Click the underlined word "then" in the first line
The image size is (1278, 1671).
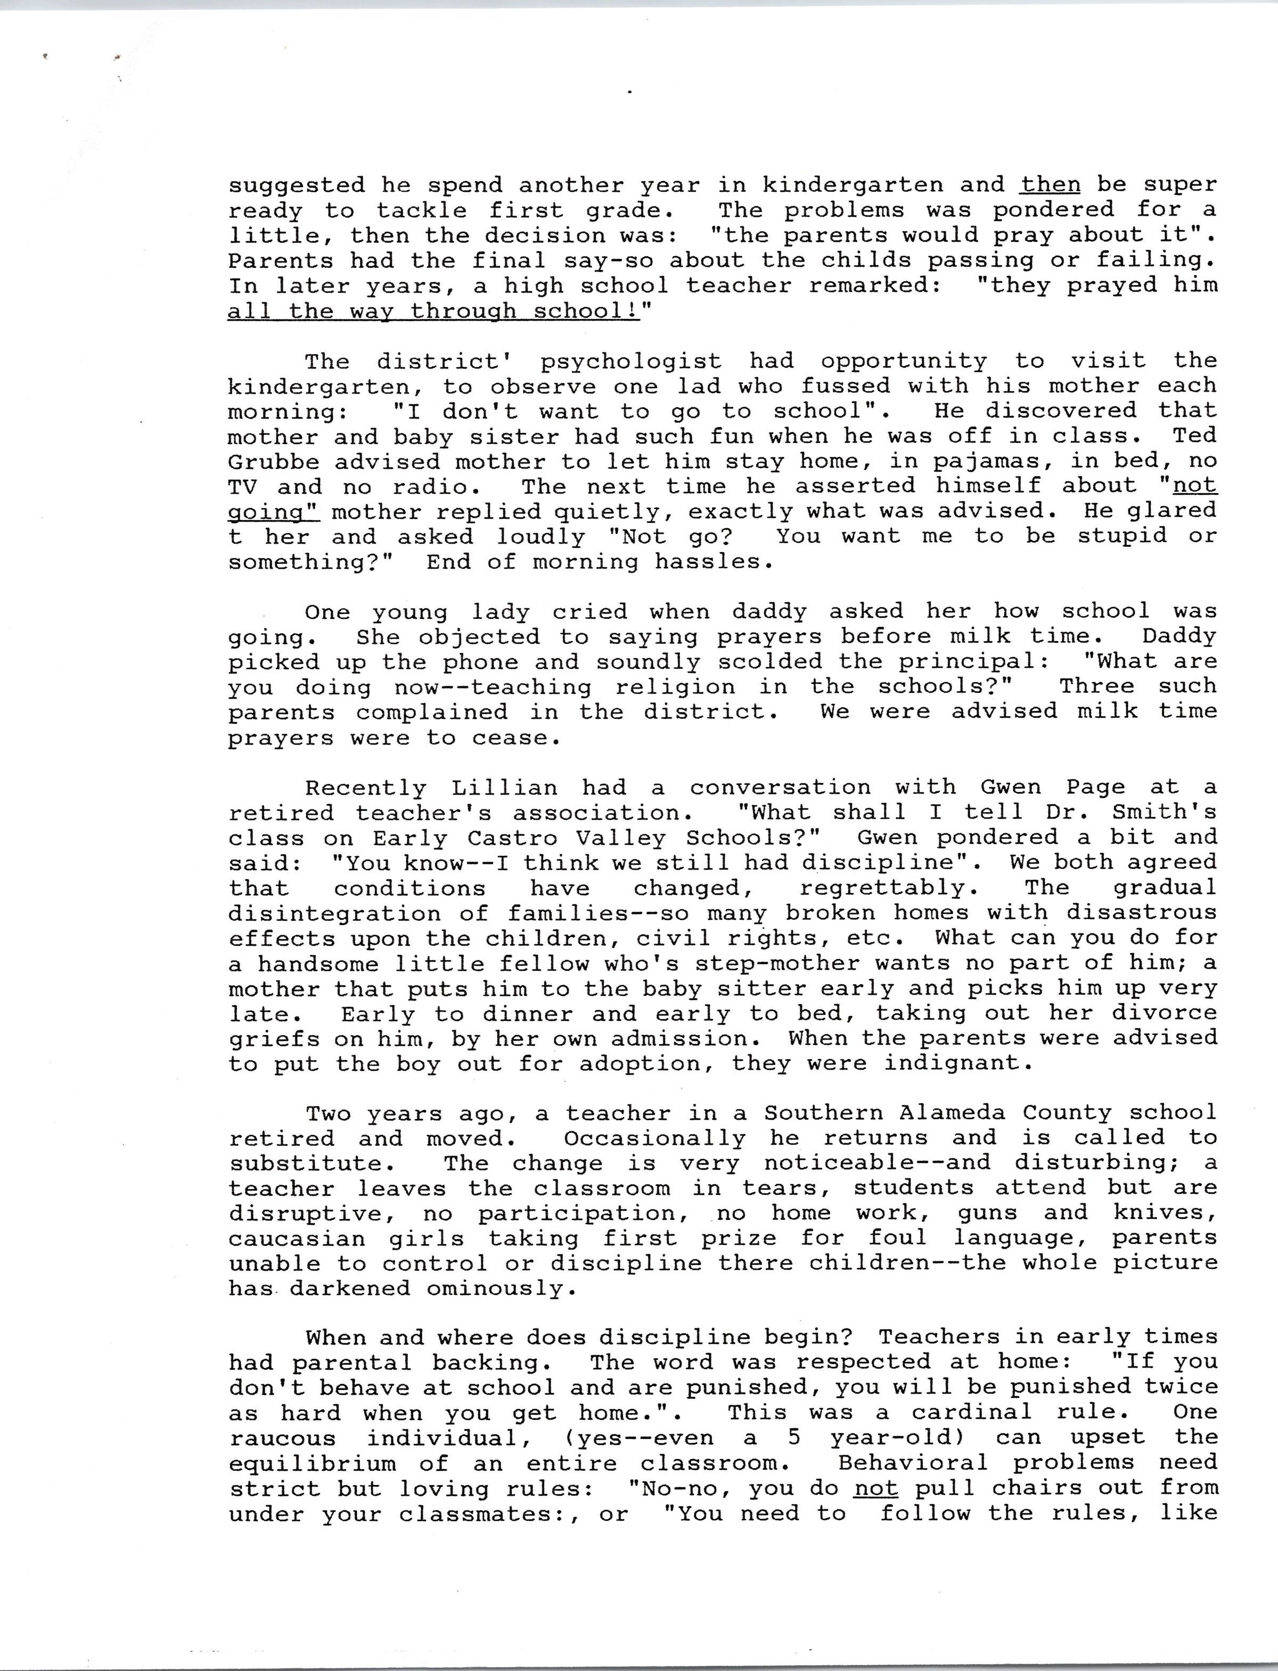pyautogui.click(x=1051, y=185)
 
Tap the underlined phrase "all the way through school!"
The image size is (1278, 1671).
pyautogui.click(x=433, y=311)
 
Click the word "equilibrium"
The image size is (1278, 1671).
pyautogui.click(x=312, y=1464)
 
